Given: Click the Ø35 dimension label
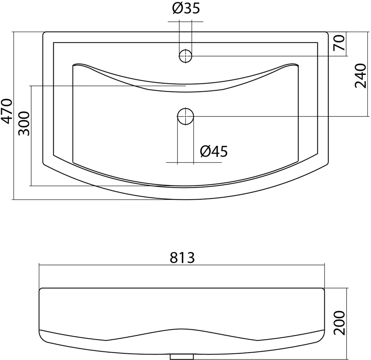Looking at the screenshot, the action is click(186, 8).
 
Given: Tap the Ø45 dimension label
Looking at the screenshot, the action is click(214, 151).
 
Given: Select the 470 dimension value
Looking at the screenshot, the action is click(7, 111).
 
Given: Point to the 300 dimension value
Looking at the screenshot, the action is click(24, 124).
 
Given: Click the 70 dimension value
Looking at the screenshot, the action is click(339, 43).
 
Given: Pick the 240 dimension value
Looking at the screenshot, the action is click(360, 75).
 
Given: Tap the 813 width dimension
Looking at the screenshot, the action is click(182, 258).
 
